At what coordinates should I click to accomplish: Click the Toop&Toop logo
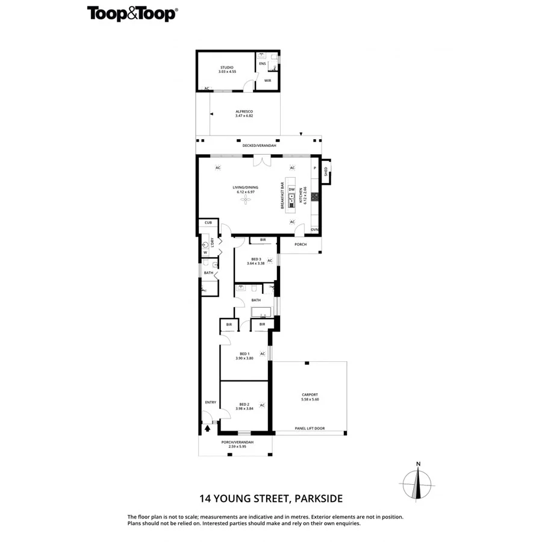pyautogui.click(x=132, y=14)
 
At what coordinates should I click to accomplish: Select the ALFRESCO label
pyautogui.click(x=244, y=113)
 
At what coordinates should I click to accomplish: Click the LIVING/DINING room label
pyautogui.click(x=245, y=188)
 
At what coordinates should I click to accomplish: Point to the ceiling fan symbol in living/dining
pyautogui.click(x=245, y=200)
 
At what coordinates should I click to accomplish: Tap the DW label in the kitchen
pyautogui.click(x=291, y=190)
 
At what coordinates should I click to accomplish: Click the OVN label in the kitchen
pyautogui.click(x=314, y=229)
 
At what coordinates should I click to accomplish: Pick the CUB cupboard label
pyautogui.click(x=208, y=222)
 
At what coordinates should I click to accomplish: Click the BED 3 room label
pyautogui.click(x=256, y=259)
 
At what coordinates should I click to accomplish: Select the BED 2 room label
pyautogui.click(x=244, y=404)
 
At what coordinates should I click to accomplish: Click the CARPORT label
pyautogui.click(x=310, y=395)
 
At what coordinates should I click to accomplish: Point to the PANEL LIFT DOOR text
pyautogui.click(x=310, y=428)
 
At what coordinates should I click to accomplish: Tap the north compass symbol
pyautogui.click(x=417, y=484)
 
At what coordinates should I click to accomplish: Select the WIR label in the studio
pyautogui.click(x=267, y=80)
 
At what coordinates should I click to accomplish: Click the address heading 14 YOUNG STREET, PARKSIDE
pyautogui.click(x=271, y=498)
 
